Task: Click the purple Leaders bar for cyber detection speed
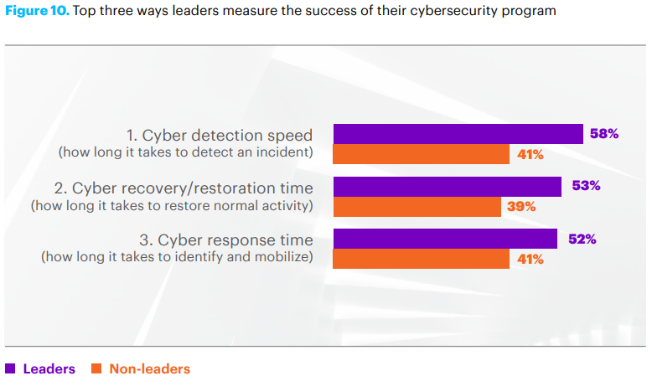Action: coord(458,134)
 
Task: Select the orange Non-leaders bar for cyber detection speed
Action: coord(421,155)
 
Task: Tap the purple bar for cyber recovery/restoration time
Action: coord(447,186)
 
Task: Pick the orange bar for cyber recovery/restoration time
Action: coord(417,207)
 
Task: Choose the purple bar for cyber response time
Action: coord(445,239)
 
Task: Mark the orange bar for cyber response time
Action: coord(421,259)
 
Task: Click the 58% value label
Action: coord(603,134)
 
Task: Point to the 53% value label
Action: coord(586,186)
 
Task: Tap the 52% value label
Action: coord(582,239)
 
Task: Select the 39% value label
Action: coord(520,207)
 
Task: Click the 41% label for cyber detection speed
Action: coord(529,155)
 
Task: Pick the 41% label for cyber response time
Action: coord(529,259)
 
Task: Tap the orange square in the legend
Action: coord(96,368)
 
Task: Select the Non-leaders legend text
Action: coord(149,368)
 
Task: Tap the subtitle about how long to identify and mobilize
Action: coord(177,257)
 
